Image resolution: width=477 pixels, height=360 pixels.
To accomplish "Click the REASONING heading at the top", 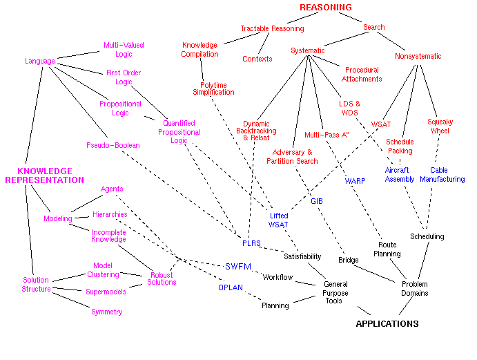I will click(325, 8).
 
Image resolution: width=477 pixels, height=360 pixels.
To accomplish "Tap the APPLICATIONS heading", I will click(387, 323).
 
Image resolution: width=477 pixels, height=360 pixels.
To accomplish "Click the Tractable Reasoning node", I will click(271, 28).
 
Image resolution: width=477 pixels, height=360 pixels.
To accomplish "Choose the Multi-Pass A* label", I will click(327, 135).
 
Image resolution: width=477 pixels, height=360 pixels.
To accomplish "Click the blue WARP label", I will click(355, 181).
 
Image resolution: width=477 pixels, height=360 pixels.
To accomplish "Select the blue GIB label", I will click(317, 201).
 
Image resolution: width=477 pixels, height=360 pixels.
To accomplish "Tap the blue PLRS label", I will click(251, 243).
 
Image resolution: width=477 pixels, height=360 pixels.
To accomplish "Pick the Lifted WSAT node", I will click(279, 220).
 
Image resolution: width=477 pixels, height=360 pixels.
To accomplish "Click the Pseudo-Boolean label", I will click(113, 145).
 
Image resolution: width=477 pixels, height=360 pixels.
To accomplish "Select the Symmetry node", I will click(107, 312).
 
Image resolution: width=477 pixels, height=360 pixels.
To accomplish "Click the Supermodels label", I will click(106, 292).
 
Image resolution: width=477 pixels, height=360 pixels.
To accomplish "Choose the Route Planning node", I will click(387, 249).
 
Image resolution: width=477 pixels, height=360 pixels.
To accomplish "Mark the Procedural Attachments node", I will click(363, 75).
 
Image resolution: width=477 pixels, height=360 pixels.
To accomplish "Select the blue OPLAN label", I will click(230, 287).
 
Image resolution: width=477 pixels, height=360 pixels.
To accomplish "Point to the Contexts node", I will click(257, 59).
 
